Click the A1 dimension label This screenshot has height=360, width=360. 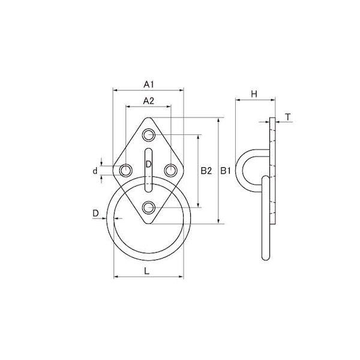[x=149, y=85]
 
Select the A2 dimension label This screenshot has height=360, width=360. [x=149, y=101]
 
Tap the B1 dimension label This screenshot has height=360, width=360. [x=225, y=171]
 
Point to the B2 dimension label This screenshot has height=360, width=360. [x=206, y=171]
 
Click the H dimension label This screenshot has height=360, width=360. [x=254, y=94]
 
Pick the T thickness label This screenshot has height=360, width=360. [x=288, y=117]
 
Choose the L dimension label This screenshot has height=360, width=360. [x=147, y=271]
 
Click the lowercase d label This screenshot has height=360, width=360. [x=95, y=170]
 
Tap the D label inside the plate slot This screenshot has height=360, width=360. [x=149, y=164]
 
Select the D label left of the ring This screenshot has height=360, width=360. [x=95, y=214]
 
